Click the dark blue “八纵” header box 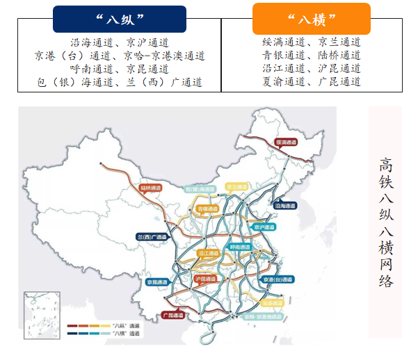pos(119,19)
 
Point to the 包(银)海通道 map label pos(197,188)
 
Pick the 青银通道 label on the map pos(207,208)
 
